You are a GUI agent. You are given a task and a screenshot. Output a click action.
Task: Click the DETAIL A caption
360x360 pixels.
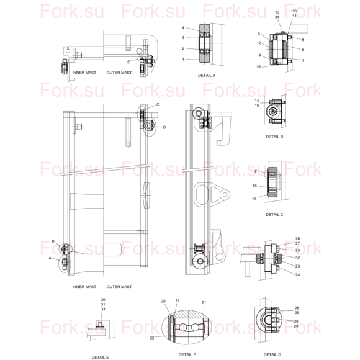207,75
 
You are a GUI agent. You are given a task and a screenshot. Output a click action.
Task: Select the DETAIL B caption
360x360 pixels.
274,137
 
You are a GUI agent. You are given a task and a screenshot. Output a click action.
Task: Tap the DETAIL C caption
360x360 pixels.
274,214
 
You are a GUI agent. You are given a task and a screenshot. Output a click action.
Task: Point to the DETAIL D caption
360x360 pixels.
272,354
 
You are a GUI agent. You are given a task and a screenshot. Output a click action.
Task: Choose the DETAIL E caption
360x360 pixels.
100,358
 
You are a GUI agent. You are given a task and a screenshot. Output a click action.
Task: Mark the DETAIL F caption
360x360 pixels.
187,354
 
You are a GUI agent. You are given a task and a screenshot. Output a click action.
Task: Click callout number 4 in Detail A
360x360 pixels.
183,28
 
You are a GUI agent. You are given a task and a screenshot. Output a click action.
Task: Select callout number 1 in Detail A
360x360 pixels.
183,59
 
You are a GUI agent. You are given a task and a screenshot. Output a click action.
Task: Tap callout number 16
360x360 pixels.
259,67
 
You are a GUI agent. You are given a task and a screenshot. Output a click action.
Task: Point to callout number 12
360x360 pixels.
259,43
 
